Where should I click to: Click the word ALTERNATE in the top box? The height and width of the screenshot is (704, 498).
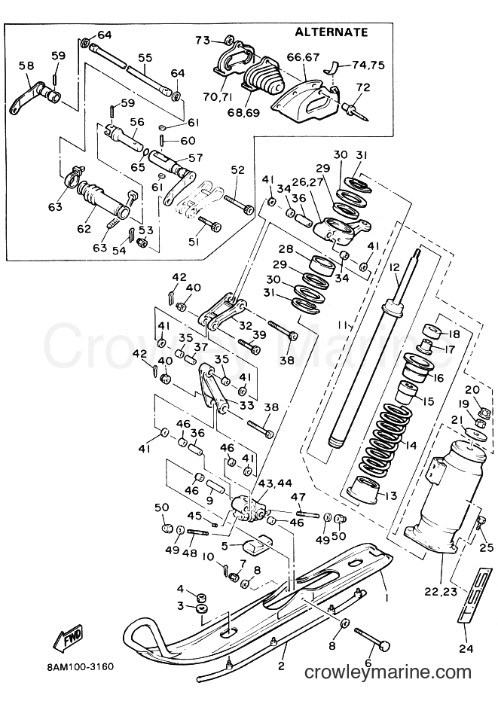pos(331,32)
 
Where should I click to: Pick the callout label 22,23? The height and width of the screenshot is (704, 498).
pos(441,592)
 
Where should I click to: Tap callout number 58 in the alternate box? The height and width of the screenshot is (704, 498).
pos(26,66)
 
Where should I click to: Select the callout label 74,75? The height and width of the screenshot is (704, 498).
pos(369,65)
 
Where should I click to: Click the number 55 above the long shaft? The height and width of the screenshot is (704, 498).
pos(145,58)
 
